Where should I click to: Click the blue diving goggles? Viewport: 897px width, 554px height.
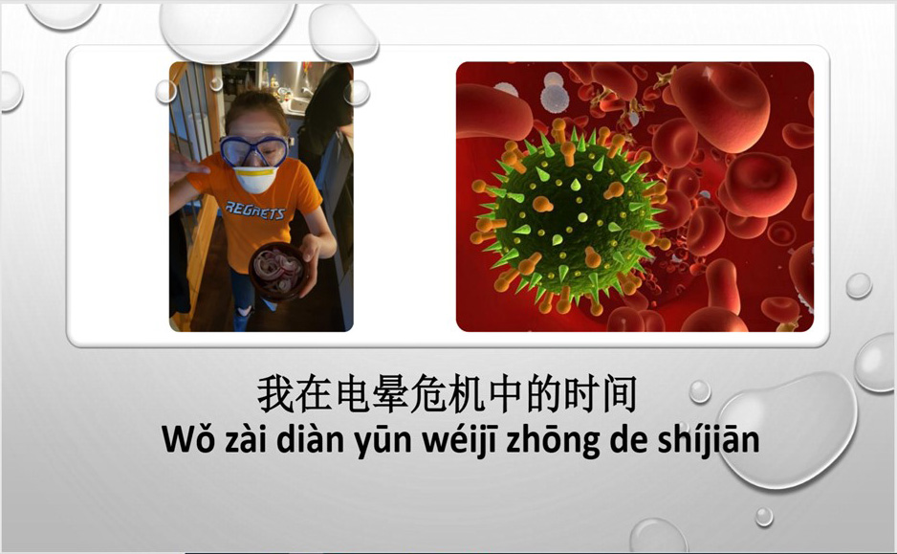point(254,150)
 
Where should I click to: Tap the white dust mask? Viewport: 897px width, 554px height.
point(255,178)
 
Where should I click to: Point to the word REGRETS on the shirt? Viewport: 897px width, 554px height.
point(254,211)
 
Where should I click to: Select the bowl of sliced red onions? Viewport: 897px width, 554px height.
point(278,271)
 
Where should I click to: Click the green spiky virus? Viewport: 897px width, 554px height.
point(566,220)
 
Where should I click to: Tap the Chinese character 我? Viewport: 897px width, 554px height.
point(275,394)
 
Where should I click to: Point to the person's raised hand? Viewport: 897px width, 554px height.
point(185,163)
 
